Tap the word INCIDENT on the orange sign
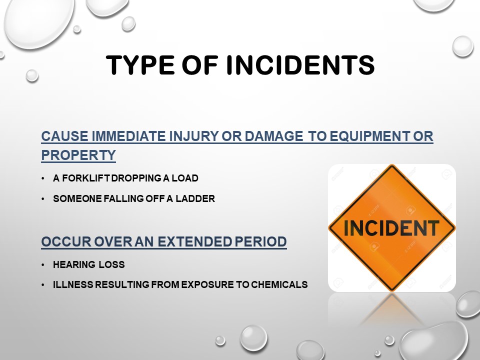(x=391, y=228)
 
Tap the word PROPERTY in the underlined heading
(x=78, y=155)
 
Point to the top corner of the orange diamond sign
(x=391, y=166)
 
